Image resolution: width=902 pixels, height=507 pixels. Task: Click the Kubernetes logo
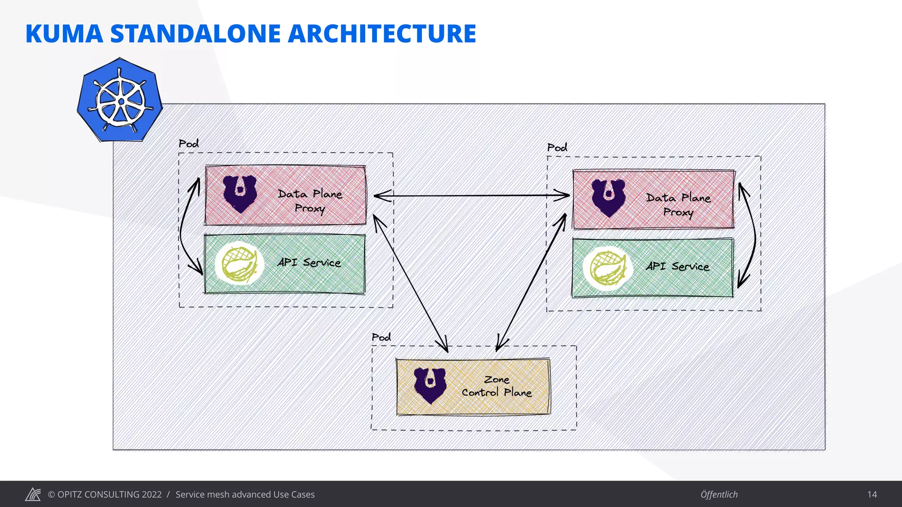pyautogui.click(x=120, y=100)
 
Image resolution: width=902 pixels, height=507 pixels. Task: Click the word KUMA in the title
pyautogui.click(x=64, y=34)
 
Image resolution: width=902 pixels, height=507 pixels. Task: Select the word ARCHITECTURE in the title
pyautogui.click(x=382, y=34)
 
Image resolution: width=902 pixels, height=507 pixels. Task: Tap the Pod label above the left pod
pyautogui.click(x=189, y=143)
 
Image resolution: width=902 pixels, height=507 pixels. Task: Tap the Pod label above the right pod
pyautogui.click(x=557, y=147)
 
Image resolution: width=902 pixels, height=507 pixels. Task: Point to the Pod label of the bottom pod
pyautogui.click(x=381, y=337)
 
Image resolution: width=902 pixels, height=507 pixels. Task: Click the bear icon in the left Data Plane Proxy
pyautogui.click(x=240, y=194)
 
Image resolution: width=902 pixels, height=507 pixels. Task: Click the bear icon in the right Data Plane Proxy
pyautogui.click(x=608, y=198)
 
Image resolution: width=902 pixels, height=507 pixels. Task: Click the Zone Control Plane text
pyautogui.click(x=497, y=386)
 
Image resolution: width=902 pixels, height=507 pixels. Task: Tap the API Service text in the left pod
pyautogui.click(x=309, y=263)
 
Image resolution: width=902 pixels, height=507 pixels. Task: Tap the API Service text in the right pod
pyautogui.click(x=677, y=267)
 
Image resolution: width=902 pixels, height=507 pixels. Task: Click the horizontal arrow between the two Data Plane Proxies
pyautogui.click(x=471, y=195)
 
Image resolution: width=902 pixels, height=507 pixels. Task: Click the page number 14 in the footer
pyautogui.click(x=872, y=494)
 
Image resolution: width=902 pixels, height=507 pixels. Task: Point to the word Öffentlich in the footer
pyautogui.click(x=719, y=494)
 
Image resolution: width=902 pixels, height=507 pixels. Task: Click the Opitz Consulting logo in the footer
pyautogui.click(x=33, y=494)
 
